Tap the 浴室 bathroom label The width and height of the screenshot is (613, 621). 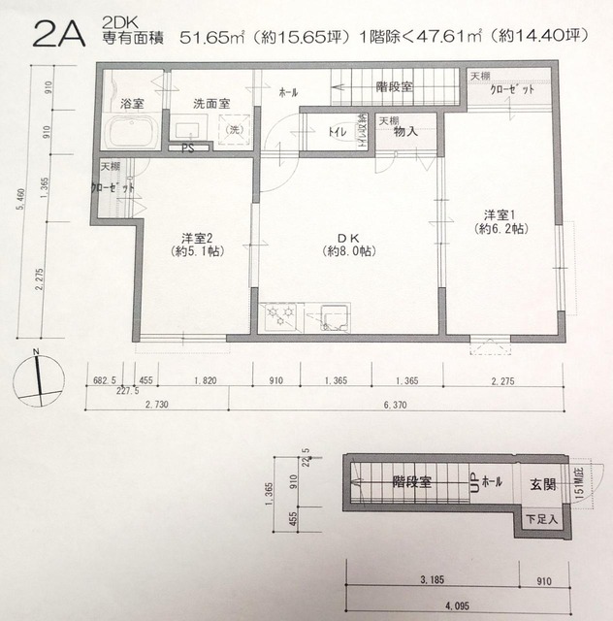[132, 102]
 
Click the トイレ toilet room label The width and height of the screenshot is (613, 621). [339, 130]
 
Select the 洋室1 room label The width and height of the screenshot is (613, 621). [500, 220]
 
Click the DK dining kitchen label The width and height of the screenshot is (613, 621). [348, 238]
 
